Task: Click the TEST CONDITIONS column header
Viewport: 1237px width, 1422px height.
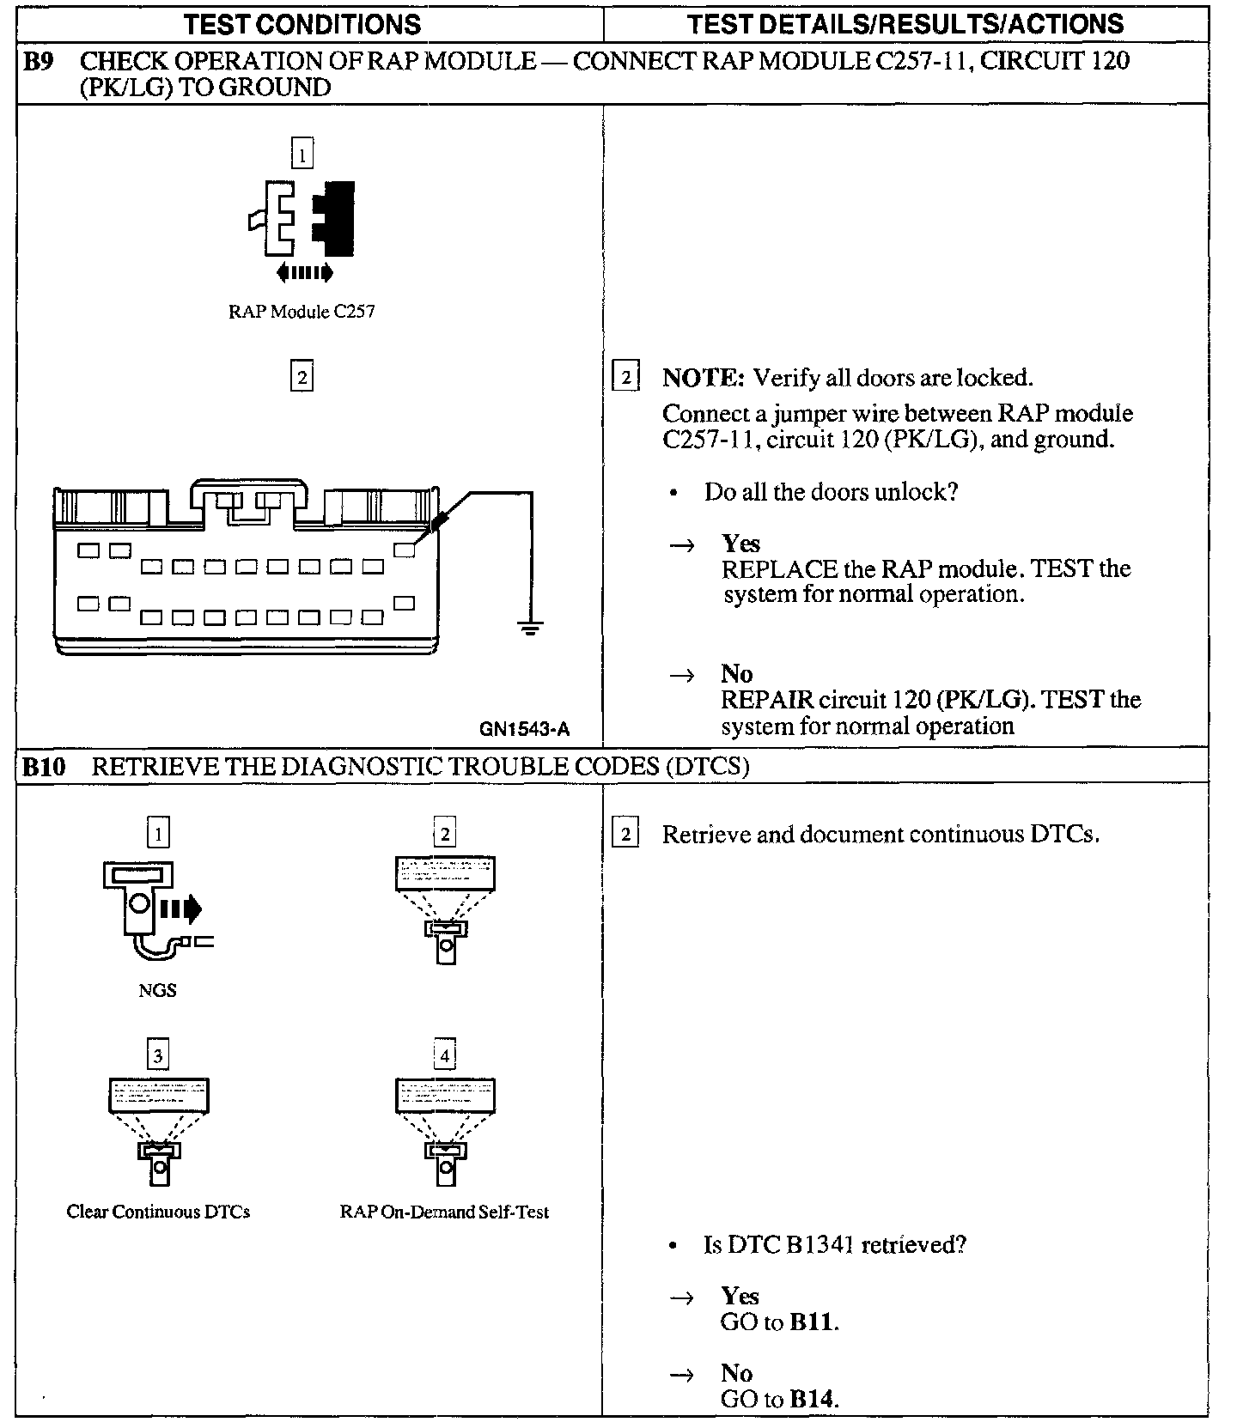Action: click(x=302, y=23)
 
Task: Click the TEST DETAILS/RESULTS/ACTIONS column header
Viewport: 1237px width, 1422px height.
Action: click(x=905, y=23)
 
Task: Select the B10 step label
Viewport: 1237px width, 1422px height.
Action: click(x=43, y=766)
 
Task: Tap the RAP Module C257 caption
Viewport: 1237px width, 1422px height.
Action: click(x=302, y=312)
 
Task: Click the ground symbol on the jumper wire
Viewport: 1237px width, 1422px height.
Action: click(x=531, y=628)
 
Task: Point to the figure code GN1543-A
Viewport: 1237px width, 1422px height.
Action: click(x=524, y=730)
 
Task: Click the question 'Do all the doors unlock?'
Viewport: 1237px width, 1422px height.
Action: click(x=830, y=492)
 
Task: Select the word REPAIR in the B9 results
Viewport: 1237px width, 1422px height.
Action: click(x=767, y=700)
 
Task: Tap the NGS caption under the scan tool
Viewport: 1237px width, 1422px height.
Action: click(x=157, y=990)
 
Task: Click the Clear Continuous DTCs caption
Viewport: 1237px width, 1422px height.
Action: click(x=158, y=1212)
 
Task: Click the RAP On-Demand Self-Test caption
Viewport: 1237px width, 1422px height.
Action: click(x=444, y=1212)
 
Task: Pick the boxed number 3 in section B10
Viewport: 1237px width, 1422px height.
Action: click(x=158, y=1054)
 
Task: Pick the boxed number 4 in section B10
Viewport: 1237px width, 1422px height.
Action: click(x=444, y=1054)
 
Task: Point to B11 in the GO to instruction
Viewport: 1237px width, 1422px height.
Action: click(x=812, y=1322)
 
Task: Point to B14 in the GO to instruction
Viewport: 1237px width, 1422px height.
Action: click(x=812, y=1399)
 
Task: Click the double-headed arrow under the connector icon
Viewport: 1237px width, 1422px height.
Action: click(x=304, y=273)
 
